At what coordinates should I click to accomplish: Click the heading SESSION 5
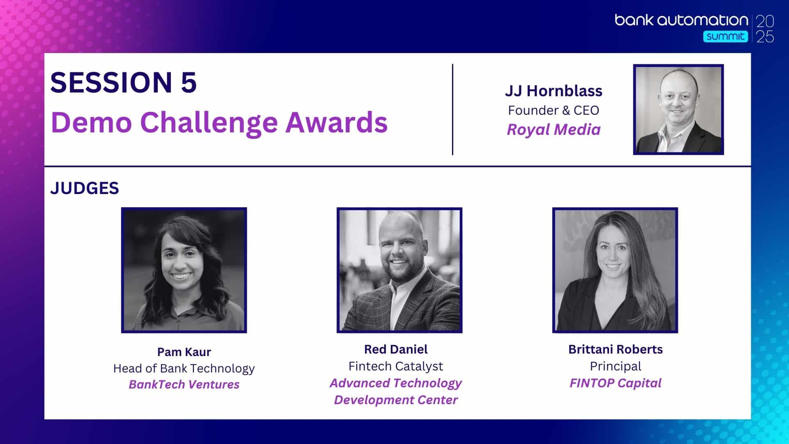coord(123,82)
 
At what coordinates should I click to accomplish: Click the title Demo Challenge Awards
coord(219,123)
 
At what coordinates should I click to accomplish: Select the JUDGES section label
coord(85,188)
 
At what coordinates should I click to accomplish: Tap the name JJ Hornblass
coord(554,91)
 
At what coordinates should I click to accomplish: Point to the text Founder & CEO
coord(554,110)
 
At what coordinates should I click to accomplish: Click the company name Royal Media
coord(554,130)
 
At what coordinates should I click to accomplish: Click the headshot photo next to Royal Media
coord(678,109)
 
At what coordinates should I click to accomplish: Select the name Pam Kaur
coord(184,352)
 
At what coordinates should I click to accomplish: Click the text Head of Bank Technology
coord(184,368)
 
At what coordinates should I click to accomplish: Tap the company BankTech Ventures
coord(184,384)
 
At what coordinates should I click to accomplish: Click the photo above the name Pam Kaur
coord(184,270)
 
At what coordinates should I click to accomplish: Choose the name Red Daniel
coord(396,349)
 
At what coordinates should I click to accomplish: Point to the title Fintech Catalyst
coord(396,366)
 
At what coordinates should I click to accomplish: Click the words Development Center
coord(396,400)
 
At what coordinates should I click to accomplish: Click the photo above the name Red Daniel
coord(399,270)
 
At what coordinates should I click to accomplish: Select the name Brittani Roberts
coord(616,349)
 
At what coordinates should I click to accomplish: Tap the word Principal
coord(616,366)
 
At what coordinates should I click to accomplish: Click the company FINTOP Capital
coord(616,383)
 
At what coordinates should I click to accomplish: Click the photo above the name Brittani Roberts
coord(615,270)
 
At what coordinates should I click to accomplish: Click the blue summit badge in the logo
coord(725,37)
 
